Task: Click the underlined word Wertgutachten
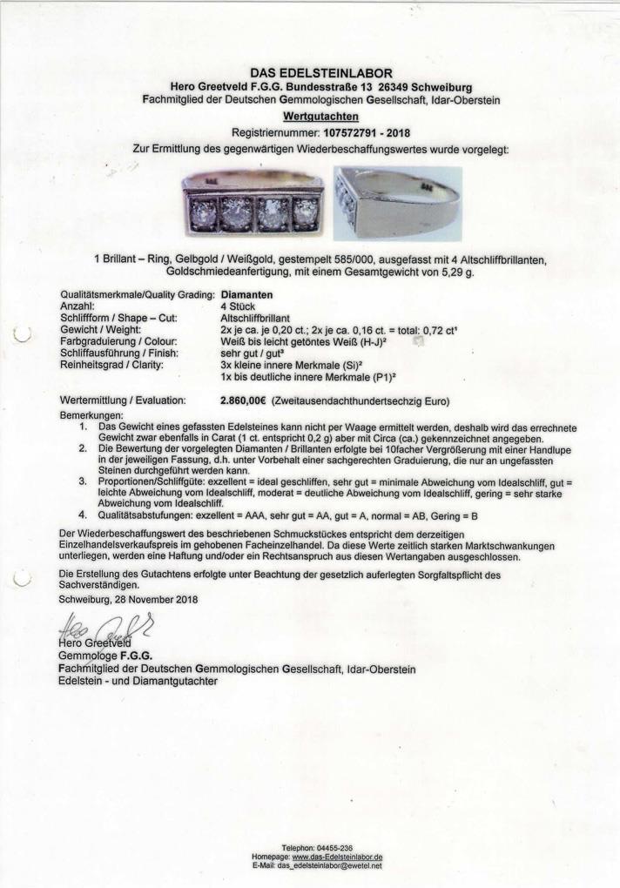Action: pos(309,116)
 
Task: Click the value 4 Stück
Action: pos(237,306)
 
